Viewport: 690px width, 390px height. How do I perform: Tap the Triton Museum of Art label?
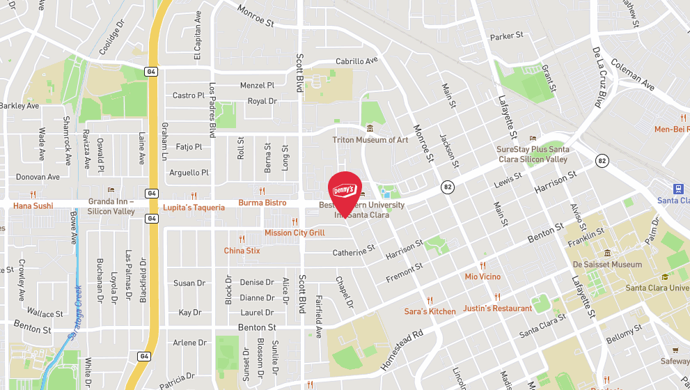point(370,140)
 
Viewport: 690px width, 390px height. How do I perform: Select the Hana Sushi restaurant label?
point(33,206)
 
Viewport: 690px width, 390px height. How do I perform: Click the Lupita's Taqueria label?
point(194,208)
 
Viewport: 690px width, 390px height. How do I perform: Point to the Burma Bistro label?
point(262,203)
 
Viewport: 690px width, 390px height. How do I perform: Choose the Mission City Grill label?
point(295,233)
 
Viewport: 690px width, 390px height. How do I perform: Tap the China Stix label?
point(242,251)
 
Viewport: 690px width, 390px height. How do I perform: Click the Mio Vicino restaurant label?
point(483,276)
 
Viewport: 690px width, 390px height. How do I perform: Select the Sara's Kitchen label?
point(430,311)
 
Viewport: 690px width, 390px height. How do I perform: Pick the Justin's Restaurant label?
point(497,308)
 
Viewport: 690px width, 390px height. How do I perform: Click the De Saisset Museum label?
point(607,265)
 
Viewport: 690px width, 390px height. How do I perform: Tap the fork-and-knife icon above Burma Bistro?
point(262,191)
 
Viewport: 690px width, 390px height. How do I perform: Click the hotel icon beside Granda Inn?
point(110,190)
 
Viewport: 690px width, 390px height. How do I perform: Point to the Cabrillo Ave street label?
point(356,61)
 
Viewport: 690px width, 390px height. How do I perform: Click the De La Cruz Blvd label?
point(597,77)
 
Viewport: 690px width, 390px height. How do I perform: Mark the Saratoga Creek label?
point(75,313)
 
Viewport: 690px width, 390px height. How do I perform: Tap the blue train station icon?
point(680,189)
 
